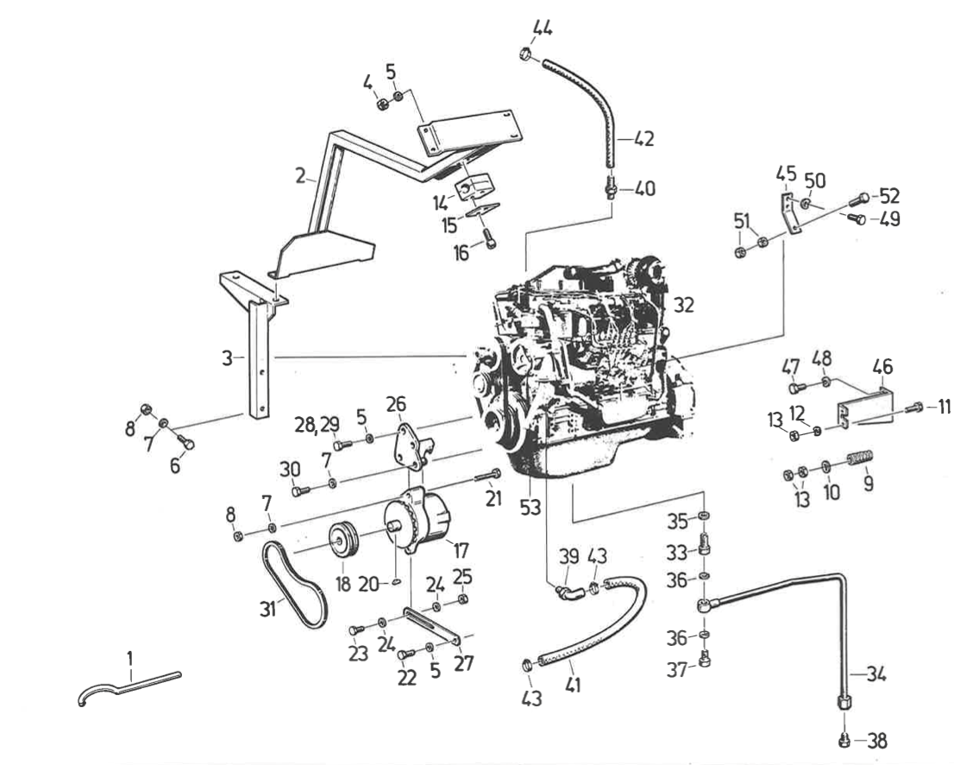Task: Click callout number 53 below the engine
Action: [x=530, y=508]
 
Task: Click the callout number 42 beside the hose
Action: [x=644, y=139]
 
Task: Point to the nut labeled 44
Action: [x=525, y=57]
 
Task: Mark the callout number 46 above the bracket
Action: [x=882, y=367]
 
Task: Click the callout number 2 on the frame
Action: [x=299, y=175]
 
